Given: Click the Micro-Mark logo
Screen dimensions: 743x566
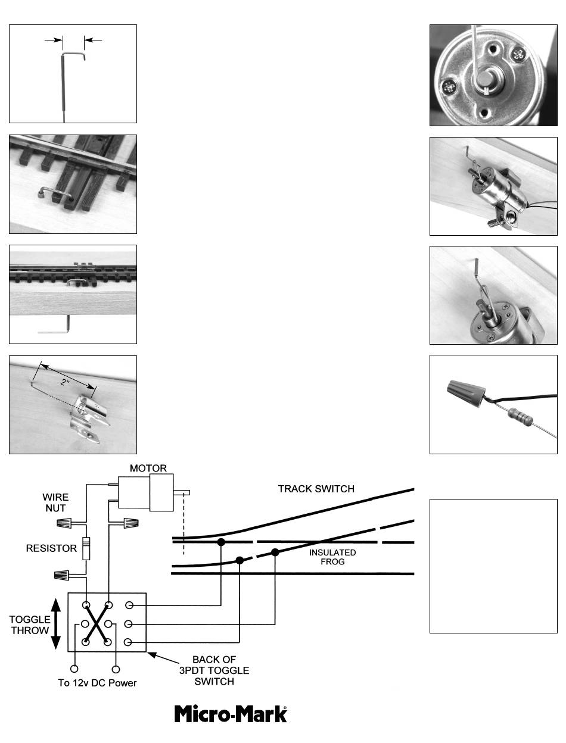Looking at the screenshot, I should click(x=231, y=714).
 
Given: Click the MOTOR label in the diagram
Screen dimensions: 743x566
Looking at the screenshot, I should click(x=148, y=468).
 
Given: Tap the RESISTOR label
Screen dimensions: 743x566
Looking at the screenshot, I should click(x=51, y=548).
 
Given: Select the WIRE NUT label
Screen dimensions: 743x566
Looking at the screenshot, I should click(x=55, y=503).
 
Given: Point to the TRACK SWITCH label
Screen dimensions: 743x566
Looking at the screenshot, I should click(x=316, y=489).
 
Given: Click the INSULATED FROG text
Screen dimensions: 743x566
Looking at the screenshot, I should click(x=332, y=557).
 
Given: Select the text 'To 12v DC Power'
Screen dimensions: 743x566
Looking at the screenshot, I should click(x=97, y=683).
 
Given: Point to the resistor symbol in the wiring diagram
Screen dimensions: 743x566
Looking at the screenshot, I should click(x=86, y=547).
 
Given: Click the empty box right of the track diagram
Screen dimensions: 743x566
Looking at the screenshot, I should click(x=493, y=566).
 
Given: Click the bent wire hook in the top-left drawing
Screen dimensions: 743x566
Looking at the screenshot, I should click(x=73, y=55).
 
